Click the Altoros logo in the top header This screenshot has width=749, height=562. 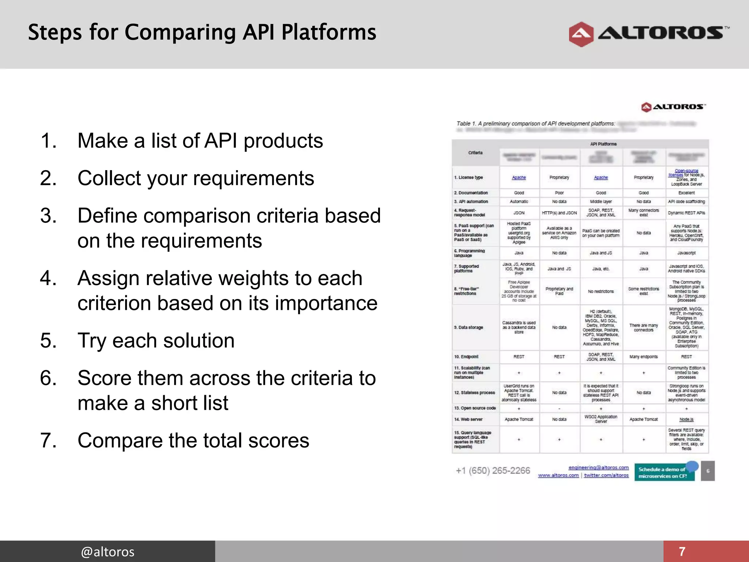(648, 34)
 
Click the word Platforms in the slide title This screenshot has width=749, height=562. (328, 33)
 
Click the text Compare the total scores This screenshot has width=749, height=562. (193, 441)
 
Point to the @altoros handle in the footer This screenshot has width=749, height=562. (108, 551)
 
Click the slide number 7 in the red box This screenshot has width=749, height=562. (682, 551)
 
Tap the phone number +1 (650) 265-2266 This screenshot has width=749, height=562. (493, 471)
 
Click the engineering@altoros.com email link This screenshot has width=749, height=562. (598, 468)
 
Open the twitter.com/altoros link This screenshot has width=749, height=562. (606, 475)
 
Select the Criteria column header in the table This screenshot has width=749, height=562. (475, 153)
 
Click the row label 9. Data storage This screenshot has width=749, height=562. (468, 327)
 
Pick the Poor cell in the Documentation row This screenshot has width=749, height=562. (559, 193)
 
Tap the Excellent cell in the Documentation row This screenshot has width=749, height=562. (686, 193)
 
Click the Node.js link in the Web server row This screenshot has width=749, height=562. (686, 420)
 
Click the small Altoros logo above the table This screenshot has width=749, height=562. (673, 107)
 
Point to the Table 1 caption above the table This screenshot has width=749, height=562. (535, 124)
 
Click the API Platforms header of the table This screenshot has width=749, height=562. (603, 144)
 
